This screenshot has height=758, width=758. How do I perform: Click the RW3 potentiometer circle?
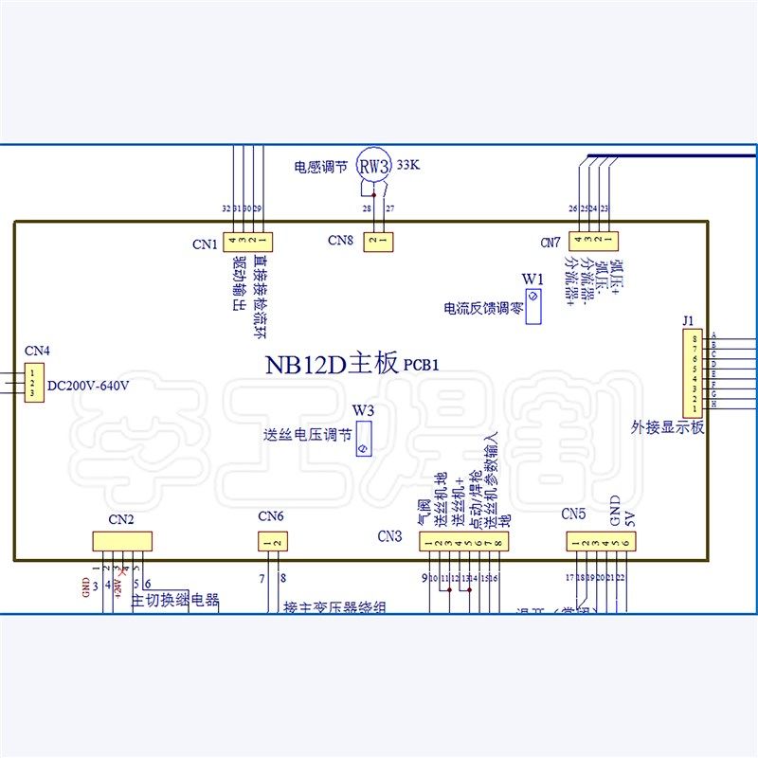[374, 166]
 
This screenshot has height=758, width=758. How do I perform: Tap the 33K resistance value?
[409, 165]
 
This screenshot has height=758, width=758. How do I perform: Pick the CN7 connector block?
[591, 242]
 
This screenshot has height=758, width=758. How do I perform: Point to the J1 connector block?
[696, 373]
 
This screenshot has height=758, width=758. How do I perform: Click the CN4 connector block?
[33, 380]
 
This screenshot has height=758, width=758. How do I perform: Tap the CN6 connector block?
[272, 542]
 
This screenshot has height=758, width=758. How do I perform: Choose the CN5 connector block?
[602, 541]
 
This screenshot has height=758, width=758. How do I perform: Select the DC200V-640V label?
[87, 386]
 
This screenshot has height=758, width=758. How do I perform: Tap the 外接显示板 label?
[668, 426]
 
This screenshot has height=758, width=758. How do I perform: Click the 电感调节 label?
[320, 167]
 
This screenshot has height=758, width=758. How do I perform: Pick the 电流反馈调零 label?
[482, 308]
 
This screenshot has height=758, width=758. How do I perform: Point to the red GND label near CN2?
[86, 583]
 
